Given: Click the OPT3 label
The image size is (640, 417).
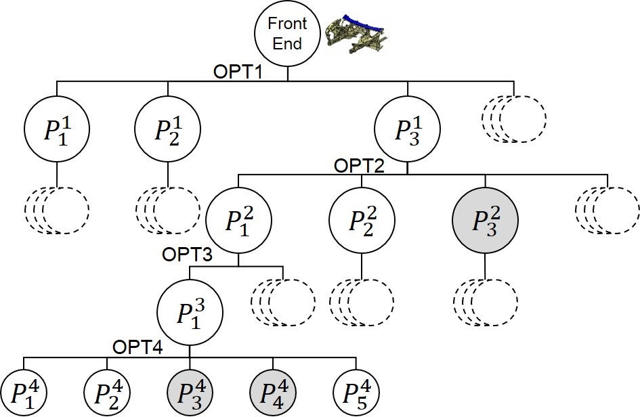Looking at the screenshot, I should (186, 255).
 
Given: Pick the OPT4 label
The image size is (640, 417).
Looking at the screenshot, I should (137, 347).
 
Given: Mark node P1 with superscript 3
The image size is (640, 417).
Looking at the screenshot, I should (189, 311).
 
